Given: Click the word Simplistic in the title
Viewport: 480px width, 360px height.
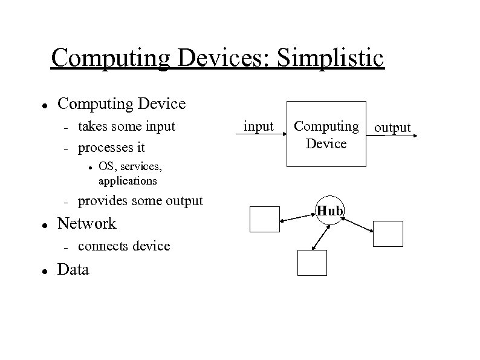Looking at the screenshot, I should pos(329,58).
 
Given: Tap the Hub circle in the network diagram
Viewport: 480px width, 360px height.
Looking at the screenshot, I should pos(330,211).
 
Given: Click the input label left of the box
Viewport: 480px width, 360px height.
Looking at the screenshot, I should pos(258,126).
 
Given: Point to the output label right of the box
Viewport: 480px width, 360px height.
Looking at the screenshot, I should pos(392,127).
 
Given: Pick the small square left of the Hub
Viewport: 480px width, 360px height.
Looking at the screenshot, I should pos(265,219).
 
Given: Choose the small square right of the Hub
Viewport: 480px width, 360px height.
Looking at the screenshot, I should pos(388,234).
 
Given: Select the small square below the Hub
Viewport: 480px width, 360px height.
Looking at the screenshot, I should pos(312,263).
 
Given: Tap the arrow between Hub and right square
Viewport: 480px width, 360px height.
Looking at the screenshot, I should pos(357,223).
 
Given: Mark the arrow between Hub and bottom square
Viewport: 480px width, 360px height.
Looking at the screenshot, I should pos(322,236).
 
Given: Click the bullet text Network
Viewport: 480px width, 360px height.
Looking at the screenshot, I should pos(86,223).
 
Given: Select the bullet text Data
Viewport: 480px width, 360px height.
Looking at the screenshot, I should pos(73,270).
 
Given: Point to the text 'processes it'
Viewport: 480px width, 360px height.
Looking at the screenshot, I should pos(112,147).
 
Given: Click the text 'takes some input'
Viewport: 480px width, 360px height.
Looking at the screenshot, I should pos(127,126).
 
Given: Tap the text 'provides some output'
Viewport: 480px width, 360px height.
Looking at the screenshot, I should pos(141,200).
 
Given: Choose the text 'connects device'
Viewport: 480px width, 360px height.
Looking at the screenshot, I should pos(124,246).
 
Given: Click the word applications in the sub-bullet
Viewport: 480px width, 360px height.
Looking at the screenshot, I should pos(127,181).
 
